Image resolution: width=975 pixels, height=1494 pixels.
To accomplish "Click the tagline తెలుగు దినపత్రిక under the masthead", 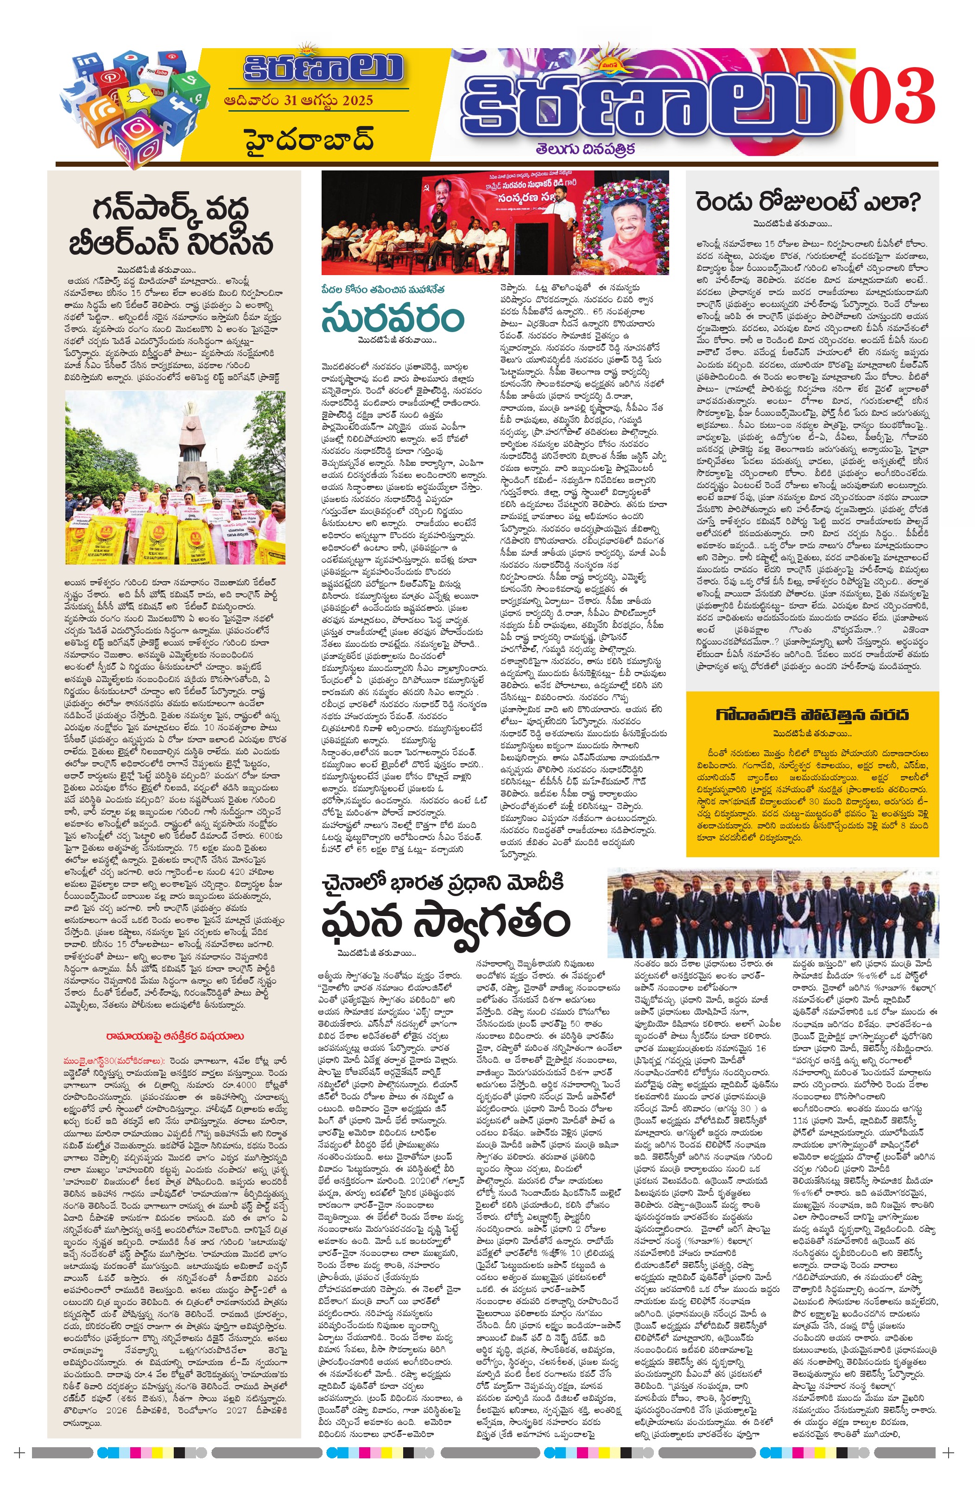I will [x=585, y=149].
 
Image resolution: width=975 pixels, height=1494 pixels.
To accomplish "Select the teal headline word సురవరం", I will [x=393, y=319].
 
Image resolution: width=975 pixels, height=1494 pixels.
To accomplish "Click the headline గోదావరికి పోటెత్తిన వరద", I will [x=812, y=715].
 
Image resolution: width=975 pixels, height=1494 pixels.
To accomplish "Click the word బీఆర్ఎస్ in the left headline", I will [x=120, y=243].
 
